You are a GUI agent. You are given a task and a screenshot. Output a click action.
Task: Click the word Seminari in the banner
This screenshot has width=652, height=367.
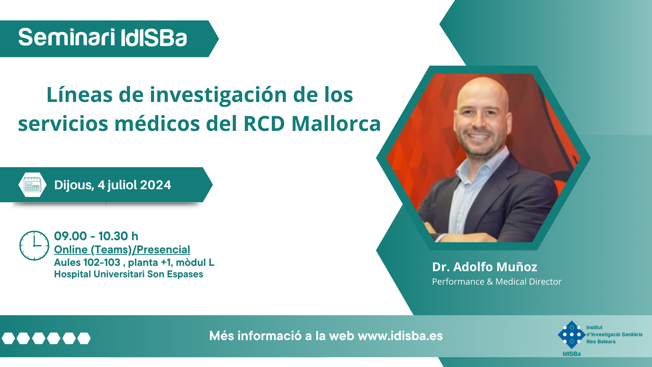(67, 38)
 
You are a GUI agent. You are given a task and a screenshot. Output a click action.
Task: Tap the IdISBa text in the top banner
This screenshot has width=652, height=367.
(153, 38)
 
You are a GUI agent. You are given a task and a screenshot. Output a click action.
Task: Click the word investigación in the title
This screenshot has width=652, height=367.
(218, 95)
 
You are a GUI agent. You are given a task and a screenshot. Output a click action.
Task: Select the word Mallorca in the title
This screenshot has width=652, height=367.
(336, 124)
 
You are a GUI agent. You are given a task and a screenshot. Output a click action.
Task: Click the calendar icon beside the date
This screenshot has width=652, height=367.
(32, 185)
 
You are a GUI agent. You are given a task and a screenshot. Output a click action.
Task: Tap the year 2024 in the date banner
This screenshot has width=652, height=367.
(155, 185)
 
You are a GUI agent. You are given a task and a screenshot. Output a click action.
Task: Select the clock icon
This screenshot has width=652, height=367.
(34, 245)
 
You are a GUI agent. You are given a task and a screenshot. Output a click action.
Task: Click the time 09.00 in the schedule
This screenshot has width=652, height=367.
(70, 236)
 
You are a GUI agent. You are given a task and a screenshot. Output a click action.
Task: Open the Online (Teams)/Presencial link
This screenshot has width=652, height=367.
(122, 250)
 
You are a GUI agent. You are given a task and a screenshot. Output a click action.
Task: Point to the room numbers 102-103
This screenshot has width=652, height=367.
(101, 263)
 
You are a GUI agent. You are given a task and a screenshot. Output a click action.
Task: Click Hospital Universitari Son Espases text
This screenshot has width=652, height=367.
(129, 274)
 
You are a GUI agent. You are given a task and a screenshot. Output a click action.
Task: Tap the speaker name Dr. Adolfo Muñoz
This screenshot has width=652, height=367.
(485, 267)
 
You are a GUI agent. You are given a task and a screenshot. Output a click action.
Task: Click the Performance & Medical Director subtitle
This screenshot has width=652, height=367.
(497, 282)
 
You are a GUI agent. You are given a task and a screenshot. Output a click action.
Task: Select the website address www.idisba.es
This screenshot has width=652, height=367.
(400, 336)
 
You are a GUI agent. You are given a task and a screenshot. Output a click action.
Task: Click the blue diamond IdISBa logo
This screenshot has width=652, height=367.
(572, 335)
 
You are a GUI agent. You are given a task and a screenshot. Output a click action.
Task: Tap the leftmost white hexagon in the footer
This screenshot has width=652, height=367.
(8, 338)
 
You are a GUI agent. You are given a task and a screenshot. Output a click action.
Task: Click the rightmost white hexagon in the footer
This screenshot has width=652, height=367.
(84, 338)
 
